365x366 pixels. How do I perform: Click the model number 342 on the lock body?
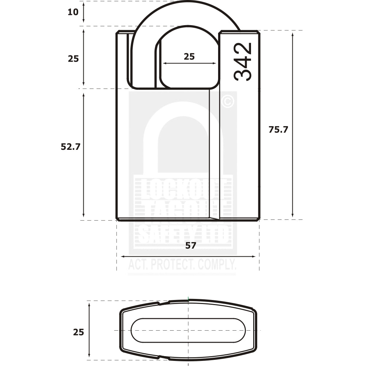click(243, 62)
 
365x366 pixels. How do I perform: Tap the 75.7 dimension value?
click(278, 129)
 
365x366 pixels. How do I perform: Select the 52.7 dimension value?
click(70, 147)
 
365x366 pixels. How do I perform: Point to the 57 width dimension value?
click(190, 246)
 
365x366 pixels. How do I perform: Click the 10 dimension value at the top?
click(73, 12)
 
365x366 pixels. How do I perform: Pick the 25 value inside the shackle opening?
click(189, 57)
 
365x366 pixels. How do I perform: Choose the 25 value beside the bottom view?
click(78, 332)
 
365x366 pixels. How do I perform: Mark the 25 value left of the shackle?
click(73, 59)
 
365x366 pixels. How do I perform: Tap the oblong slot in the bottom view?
click(188, 330)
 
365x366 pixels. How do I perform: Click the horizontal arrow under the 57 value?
click(188, 257)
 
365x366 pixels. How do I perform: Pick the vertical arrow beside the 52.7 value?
click(84, 155)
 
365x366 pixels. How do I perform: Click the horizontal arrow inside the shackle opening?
click(189, 63)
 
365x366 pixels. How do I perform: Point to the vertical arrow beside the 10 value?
click(84, 12)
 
